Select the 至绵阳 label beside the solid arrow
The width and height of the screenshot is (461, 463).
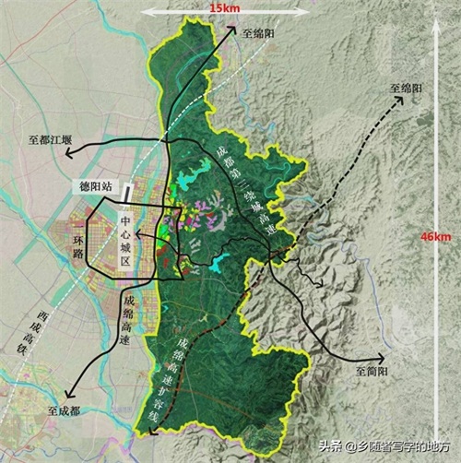[x=259, y=31]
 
